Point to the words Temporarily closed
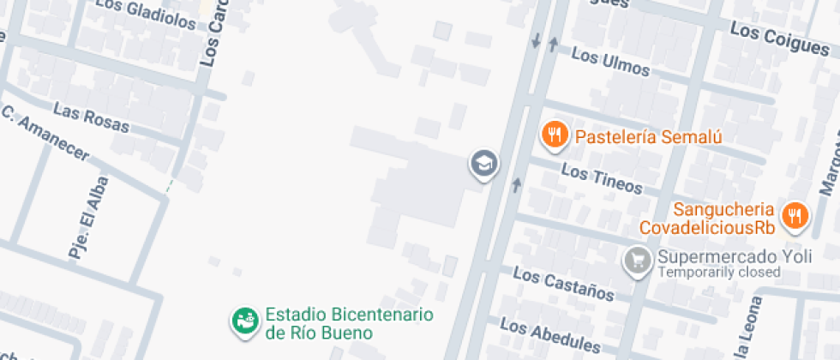point(719,273)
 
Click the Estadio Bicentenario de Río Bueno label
point(349,323)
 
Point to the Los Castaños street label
point(563,284)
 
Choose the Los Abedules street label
point(549,336)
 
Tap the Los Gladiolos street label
point(146,13)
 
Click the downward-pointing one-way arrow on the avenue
point(536,40)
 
